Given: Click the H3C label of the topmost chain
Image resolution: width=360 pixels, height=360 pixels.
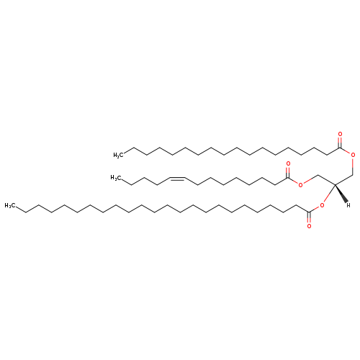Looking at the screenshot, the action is click(x=119, y=155).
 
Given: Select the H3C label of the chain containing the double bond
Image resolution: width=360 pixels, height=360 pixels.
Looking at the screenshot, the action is click(x=116, y=178).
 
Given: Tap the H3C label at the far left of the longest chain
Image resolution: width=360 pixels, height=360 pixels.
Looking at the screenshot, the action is click(x=10, y=206).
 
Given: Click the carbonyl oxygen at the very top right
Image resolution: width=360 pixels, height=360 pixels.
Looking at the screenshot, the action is click(x=340, y=135).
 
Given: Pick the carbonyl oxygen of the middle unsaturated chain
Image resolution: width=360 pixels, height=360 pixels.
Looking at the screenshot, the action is click(x=288, y=164).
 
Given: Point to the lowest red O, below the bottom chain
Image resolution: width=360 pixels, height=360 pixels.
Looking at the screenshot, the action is click(x=309, y=226).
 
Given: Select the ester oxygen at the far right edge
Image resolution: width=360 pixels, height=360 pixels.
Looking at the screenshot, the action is click(x=353, y=155).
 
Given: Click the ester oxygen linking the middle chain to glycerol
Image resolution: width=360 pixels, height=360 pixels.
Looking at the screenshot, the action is click(x=300, y=185).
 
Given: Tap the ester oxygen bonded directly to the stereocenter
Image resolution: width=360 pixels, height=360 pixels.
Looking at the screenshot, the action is click(x=322, y=205).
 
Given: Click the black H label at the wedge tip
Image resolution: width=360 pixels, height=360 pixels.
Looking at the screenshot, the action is click(x=348, y=205).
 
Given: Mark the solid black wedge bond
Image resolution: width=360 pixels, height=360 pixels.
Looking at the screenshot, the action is click(x=341, y=194).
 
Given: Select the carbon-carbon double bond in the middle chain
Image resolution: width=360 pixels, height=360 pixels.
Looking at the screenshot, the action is click(x=177, y=179).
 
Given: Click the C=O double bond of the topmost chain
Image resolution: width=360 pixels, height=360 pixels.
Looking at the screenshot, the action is click(x=340, y=143).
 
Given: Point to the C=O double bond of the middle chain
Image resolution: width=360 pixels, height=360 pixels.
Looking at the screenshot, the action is click(x=288, y=172).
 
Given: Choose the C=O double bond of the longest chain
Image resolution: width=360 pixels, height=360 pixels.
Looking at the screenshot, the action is click(x=309, y=218).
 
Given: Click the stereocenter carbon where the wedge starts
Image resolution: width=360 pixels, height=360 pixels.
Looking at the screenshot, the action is click(x=335, y=184).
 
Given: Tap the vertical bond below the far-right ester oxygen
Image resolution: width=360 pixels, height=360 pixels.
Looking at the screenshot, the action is click(x=353, y=167).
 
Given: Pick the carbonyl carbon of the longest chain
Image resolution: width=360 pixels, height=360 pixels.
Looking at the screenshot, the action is click(x=309, y=212).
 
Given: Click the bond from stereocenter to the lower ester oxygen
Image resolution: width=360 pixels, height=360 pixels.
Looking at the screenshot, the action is click(x=329, y=194).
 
